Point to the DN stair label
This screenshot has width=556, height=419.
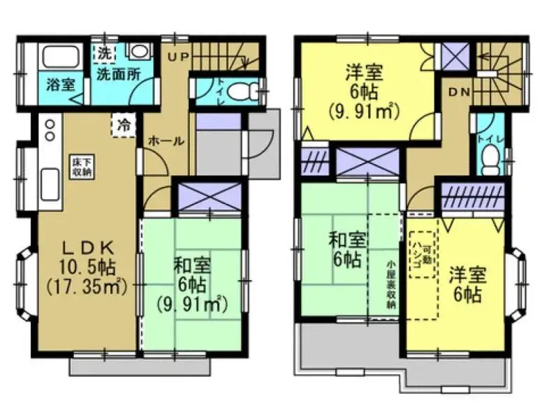coord(460,91)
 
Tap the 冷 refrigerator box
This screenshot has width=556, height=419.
coord(124,126)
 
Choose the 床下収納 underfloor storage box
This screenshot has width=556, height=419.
coord(78,168)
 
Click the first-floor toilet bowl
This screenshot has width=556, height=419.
coord(240,91)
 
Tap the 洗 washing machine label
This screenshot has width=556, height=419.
coord(103,52)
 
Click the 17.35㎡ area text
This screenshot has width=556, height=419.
coord(86,286)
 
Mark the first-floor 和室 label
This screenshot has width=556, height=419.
coord(191,266)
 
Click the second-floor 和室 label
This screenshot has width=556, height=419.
coord(347,242)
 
